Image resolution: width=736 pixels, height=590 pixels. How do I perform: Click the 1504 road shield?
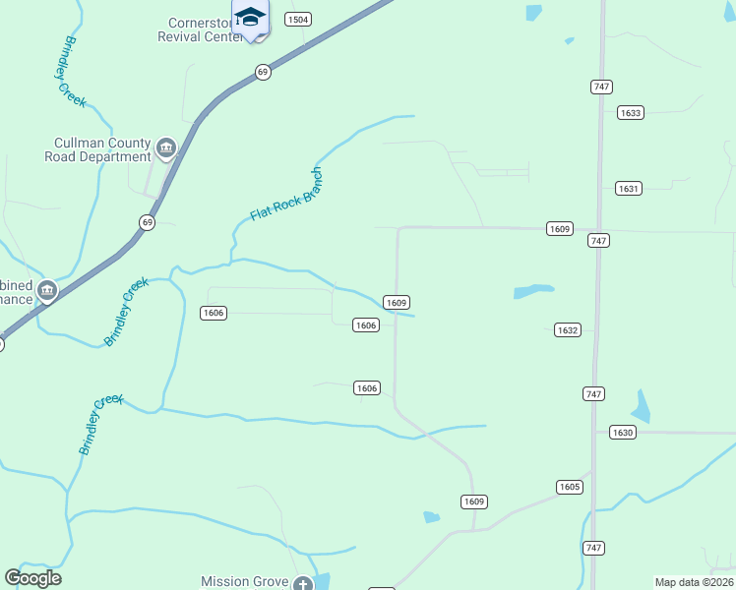(298, 20)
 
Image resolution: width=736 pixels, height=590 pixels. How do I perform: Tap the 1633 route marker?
(631, 113)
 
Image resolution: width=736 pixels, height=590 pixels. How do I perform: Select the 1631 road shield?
(629, 188)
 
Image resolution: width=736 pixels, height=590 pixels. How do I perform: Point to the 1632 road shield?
(567, 330)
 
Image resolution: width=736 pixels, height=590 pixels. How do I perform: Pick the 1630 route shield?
(622, 432)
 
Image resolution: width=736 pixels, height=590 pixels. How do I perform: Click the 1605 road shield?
(569, 487)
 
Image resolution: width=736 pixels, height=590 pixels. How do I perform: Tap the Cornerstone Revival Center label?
(200, 29)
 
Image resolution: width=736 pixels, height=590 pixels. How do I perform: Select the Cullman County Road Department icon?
(166, 148)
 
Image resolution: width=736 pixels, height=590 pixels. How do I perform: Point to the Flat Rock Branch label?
(286, 194)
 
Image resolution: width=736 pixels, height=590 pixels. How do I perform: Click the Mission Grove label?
(245, 581)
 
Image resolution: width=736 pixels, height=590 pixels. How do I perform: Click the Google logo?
(32, 578)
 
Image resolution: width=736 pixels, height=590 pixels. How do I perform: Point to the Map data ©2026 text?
(694, 582)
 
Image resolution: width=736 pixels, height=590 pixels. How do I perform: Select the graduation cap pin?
(250, 19)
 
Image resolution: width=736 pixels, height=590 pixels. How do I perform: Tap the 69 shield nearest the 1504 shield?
(262, 72)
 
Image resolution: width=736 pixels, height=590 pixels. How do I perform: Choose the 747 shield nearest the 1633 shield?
(602, 87)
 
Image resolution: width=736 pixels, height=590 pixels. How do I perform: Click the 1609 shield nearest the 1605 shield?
(473, 501)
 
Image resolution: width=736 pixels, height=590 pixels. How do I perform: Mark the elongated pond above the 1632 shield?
(533, 291)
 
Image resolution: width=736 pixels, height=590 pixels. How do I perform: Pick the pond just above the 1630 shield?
(642, 406)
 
